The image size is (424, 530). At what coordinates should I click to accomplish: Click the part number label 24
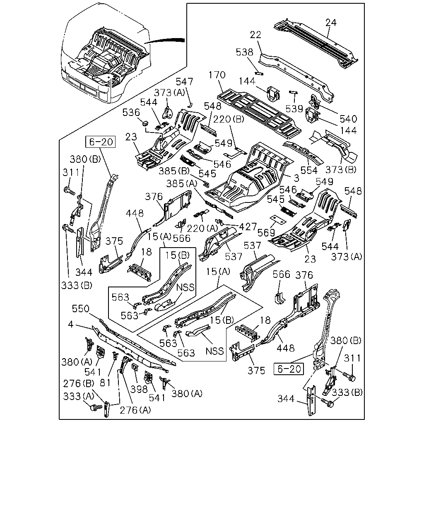331,23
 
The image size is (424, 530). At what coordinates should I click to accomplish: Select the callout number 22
255,35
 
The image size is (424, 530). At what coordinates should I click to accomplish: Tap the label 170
217,75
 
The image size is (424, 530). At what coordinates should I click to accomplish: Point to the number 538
244,52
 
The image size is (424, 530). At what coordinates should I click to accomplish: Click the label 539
294,108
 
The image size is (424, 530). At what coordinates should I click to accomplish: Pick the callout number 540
348,119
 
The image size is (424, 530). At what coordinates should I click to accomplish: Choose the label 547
184,82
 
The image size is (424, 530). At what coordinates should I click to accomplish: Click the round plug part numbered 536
145,123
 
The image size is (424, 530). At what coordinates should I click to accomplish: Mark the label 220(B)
229,119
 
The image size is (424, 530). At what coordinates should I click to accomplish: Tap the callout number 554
309,170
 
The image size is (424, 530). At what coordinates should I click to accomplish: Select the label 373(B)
341,170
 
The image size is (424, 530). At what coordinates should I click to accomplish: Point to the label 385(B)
174,171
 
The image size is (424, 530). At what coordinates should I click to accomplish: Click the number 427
248,227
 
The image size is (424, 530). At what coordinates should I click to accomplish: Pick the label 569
266,232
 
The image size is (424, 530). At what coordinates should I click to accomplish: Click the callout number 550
81,308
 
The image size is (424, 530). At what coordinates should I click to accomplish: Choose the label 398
139,389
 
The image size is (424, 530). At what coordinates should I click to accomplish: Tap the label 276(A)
135,410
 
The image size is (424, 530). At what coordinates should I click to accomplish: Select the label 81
105,383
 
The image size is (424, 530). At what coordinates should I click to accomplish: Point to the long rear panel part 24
316,43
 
